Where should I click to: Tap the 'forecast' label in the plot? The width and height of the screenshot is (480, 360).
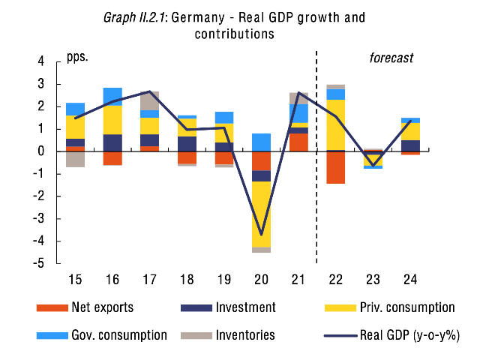point(391,57)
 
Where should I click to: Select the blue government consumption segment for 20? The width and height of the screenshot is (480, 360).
point(261,142)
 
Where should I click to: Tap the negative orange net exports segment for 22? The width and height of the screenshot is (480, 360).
point(335,167)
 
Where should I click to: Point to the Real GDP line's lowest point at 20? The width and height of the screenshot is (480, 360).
point(261,235)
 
